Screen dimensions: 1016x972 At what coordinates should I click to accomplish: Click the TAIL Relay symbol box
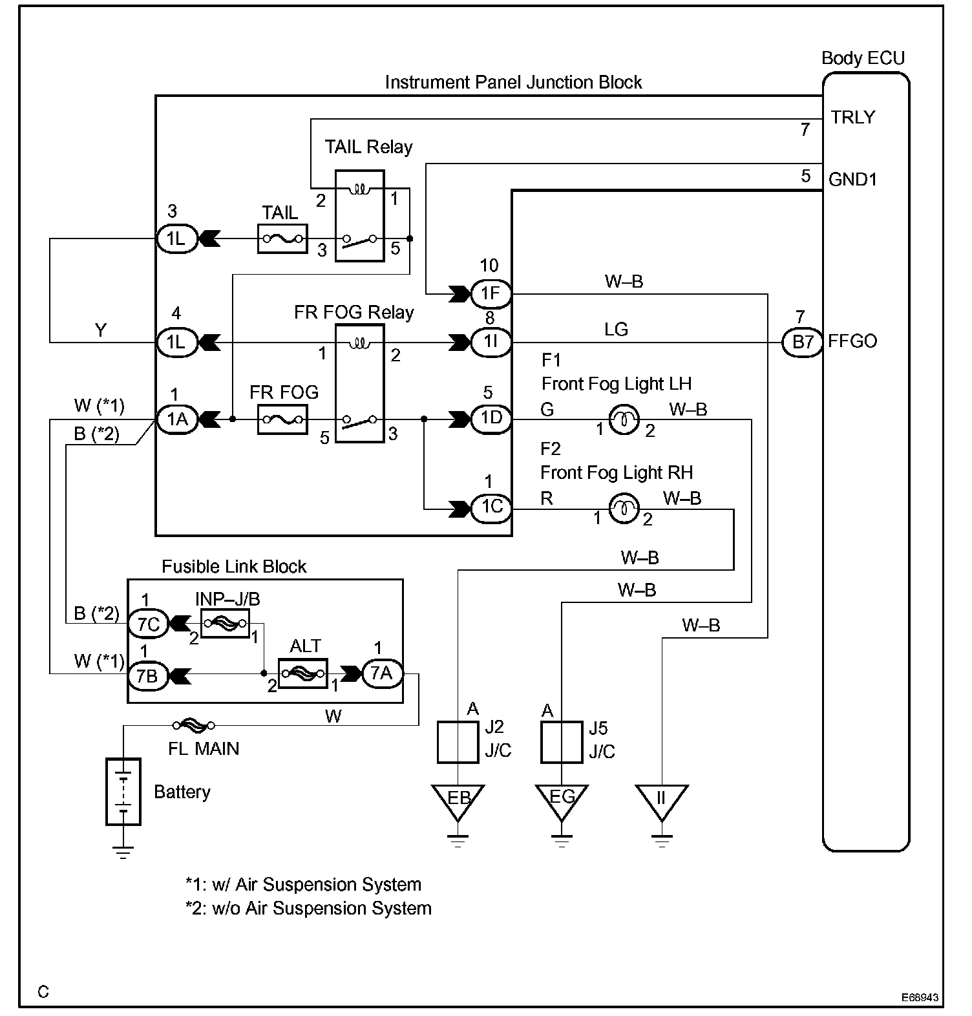[359, 215]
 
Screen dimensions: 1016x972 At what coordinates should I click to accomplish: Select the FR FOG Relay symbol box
[359, 383]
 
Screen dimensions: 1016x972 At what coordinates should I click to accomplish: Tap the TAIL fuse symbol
[282, 239]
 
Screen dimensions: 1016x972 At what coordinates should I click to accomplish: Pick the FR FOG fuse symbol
[282, 419]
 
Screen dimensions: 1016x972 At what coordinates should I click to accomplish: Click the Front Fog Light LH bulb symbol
[624, 419]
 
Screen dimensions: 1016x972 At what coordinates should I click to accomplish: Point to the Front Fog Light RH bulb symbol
[624, 509]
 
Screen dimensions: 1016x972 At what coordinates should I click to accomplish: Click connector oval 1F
[491, 294]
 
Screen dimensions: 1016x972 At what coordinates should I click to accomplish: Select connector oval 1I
[491, 341]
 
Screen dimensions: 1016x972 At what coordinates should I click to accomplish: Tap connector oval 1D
[491, 418]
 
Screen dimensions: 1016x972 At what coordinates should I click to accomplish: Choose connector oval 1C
[491, 507]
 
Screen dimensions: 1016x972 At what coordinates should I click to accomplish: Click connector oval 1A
[177, 419]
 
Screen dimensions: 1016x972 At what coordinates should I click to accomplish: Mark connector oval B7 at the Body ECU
[802, 341]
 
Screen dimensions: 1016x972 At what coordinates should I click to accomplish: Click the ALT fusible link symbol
[302, 673]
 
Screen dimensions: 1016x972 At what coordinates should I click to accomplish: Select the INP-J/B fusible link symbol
[225, 623]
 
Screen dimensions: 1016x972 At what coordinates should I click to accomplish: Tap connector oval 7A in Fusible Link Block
[381, 673]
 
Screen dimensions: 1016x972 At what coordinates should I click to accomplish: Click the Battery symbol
[123, 791]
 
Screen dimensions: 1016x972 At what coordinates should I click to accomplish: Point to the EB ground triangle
[458, 800]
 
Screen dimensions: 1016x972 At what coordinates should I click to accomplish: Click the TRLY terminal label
[853, 118]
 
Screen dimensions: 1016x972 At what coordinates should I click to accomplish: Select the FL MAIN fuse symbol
[194, 725]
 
